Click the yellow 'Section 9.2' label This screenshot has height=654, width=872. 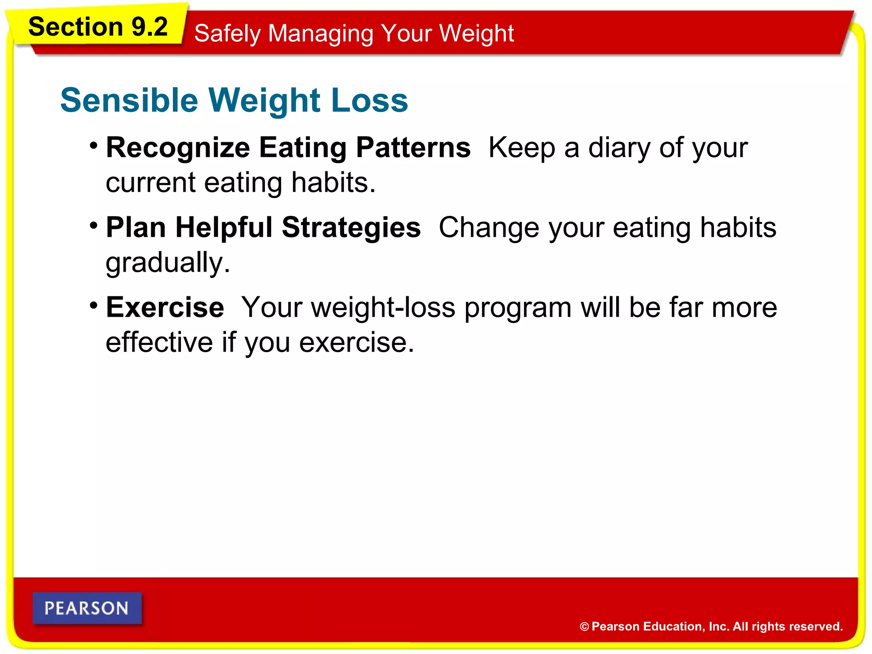tap(98, 27)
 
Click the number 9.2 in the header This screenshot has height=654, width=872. tap(149, 27)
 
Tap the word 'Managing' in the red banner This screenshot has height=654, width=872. tap(321, 34)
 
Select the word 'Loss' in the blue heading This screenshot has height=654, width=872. tap(369, 100)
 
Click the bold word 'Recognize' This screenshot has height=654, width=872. tap(178, 148)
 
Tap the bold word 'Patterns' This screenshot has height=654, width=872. tap(413, 147)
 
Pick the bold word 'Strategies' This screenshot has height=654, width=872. tap(351, 228)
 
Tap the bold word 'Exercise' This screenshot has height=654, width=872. tap(165, 307)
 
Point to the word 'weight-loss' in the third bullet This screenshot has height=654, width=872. tap(383, 307)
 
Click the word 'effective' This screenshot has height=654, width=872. tap(159, 343)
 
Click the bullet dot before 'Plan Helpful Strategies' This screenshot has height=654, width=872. tap(94, 225)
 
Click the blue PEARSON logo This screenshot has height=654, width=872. tap(87, 608)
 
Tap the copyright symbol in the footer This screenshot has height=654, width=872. tap(584, 627)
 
